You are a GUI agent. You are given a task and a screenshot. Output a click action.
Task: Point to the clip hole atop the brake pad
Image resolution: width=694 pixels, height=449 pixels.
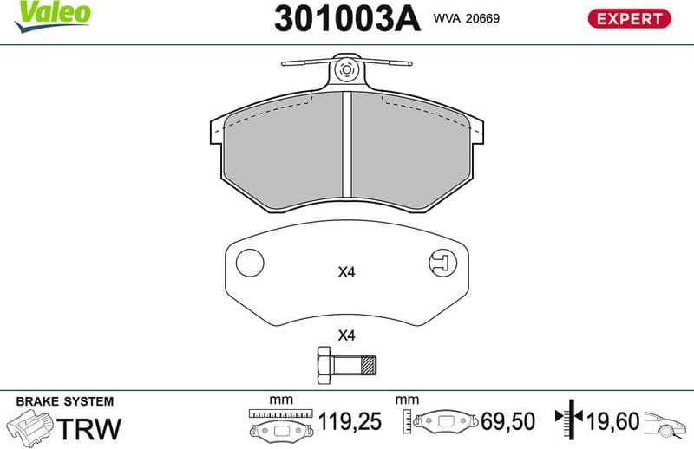click(x=347, y=71)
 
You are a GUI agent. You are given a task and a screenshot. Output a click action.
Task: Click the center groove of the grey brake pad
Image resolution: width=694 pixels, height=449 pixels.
click(x=347, y=146)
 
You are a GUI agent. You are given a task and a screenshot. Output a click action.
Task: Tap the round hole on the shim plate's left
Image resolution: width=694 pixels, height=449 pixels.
click(x=250, y=262)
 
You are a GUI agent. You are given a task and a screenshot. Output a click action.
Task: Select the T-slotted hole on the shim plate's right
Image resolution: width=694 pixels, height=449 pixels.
click(x=442, y=261)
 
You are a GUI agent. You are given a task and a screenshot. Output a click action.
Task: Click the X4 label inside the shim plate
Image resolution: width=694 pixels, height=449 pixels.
click(x=347, y=272)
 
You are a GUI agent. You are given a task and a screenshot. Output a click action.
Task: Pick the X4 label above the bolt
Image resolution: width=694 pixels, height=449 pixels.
click(x=347, y=335)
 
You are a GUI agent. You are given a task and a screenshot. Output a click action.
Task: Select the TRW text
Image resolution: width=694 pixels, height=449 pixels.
click(x=89, y=427)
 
